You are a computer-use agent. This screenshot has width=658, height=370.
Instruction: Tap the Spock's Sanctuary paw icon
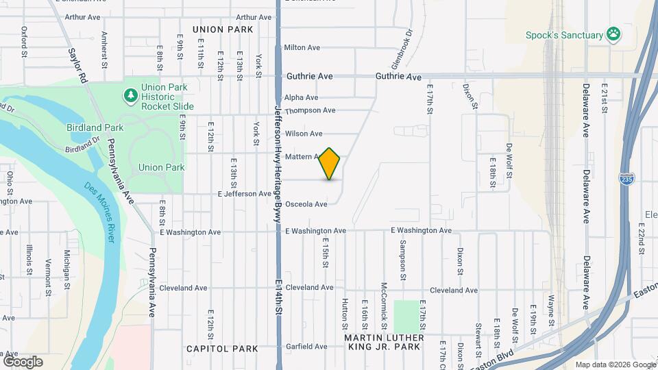pyautogui.click(x=614, y=34)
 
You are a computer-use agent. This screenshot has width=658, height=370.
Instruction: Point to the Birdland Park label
pyautogui.click(x=95, y=127)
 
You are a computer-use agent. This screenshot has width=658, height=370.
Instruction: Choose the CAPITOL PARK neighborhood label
pyautogui.click(x=223, y=349)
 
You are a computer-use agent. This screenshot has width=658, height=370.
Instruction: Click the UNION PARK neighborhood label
pyautogui.click(x=223, y=29)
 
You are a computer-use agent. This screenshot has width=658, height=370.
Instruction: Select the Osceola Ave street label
pyautogui.click(x=306, y=204)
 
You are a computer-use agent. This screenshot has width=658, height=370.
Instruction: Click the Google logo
pyautogui.click(x=23, y=362)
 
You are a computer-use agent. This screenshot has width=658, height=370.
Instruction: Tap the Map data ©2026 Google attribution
pyautogui.click(x=614, y=365)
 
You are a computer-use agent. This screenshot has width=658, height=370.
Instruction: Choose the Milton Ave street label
pyautogui.click(x=302, y=47)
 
